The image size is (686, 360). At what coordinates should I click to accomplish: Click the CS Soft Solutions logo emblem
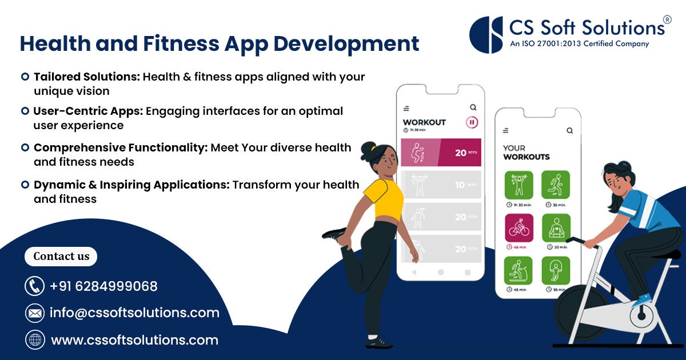tap(486, 34)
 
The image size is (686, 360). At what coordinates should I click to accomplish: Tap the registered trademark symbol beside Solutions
tap(667, 19)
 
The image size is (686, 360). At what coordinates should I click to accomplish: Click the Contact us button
tap(61, 257)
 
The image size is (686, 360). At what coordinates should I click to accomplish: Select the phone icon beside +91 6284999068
tap(35, 286)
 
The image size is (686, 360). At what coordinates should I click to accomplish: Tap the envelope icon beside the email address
tap(35, 313)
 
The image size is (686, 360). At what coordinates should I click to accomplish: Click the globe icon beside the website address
tap(35, 340)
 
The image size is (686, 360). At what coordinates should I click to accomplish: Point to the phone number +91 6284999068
tap(103, 286)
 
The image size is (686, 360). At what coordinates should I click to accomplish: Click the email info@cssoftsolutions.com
tap(134, 313)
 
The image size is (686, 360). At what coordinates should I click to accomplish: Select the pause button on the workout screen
tap(472, 122)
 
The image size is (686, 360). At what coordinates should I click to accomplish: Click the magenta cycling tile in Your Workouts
tap(519, 227)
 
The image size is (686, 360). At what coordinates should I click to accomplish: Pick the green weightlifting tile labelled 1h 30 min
tap(519, 185)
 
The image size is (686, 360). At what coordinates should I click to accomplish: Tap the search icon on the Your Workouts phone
tap(569, 131)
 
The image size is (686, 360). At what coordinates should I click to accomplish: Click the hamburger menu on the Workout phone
tap(406, 108)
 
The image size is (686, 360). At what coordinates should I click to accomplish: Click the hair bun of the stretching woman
tap(366, 150)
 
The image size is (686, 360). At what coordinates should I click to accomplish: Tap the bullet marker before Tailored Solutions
tap(25, 76)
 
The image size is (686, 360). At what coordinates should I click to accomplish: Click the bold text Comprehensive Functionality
tap(120, 147)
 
